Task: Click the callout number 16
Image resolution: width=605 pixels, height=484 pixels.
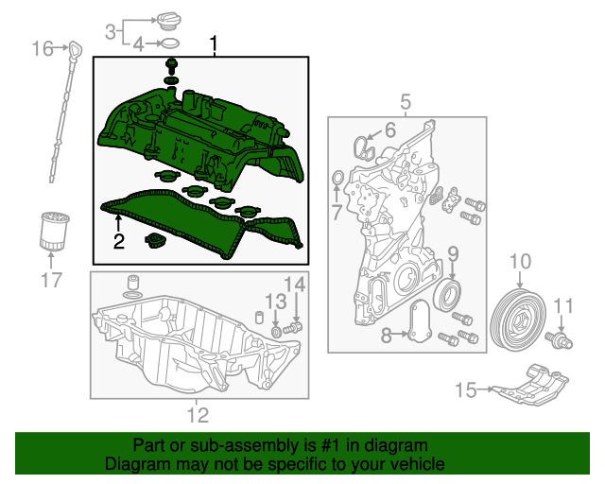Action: coord(43,47)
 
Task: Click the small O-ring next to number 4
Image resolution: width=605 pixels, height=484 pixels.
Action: coord(168,43)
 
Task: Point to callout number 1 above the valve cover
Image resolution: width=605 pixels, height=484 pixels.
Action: coord(214,43)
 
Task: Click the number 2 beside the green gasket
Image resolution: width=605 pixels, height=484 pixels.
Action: coord(118,241)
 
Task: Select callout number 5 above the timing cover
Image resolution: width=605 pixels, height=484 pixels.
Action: coord(405,101)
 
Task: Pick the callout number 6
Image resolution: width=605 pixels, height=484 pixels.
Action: coord(389,130)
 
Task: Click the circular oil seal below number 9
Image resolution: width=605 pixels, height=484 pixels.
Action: coord(448,295)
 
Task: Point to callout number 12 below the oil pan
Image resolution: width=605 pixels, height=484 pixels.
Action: coord(197,413)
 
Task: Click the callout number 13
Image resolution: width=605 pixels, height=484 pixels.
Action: coord(274,301)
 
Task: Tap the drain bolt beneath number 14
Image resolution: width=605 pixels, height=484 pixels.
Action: coord(296,326)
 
